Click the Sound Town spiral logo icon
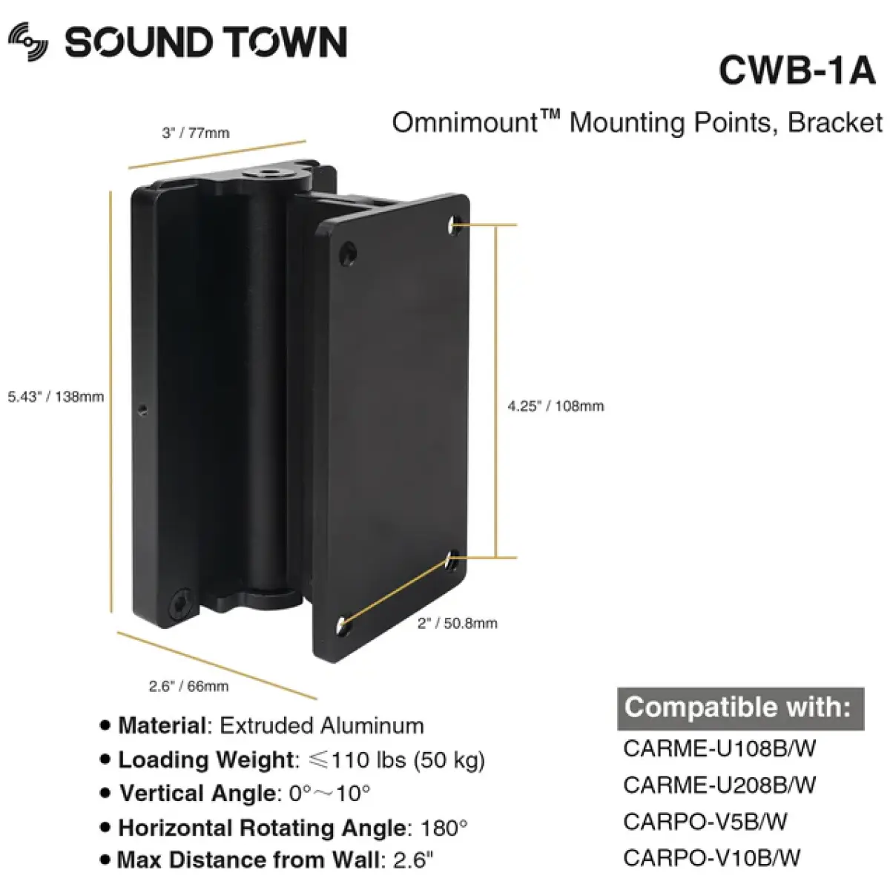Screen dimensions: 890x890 [x=29, y=42]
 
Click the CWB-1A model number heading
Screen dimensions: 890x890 [x=797, y=71]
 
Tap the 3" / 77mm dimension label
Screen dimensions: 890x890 [x=196, y=133]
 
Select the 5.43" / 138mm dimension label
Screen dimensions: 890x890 [x=56, y=397]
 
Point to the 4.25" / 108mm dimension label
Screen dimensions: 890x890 [x=556, y=406]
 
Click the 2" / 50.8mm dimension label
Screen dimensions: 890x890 [x=457, y=624]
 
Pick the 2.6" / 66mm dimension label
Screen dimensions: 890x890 [x=188, y=687]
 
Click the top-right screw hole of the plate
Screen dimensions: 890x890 [x=455, y=222]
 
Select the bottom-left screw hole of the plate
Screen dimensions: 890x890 [x=343, y=625]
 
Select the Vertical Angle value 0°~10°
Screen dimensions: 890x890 [x=329, y=794]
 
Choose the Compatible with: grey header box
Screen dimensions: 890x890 [x=739, y=708]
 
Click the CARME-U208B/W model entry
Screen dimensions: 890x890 [x=719, y=785]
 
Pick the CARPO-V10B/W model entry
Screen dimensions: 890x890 [x=712, y=858]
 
